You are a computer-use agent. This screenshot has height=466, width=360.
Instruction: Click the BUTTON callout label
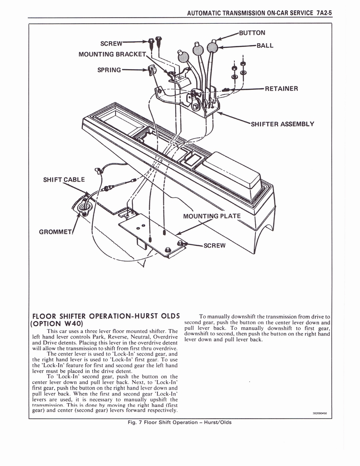252,33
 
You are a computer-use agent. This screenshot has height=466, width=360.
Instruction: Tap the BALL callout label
265,46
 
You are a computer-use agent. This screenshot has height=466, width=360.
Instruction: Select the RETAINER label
281,88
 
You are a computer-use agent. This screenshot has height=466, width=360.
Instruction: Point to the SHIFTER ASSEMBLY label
282,124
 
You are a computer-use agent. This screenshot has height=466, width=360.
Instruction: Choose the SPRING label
109,70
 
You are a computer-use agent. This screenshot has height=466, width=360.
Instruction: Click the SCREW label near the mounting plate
214,245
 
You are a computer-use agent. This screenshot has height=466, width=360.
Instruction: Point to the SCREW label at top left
111,43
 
